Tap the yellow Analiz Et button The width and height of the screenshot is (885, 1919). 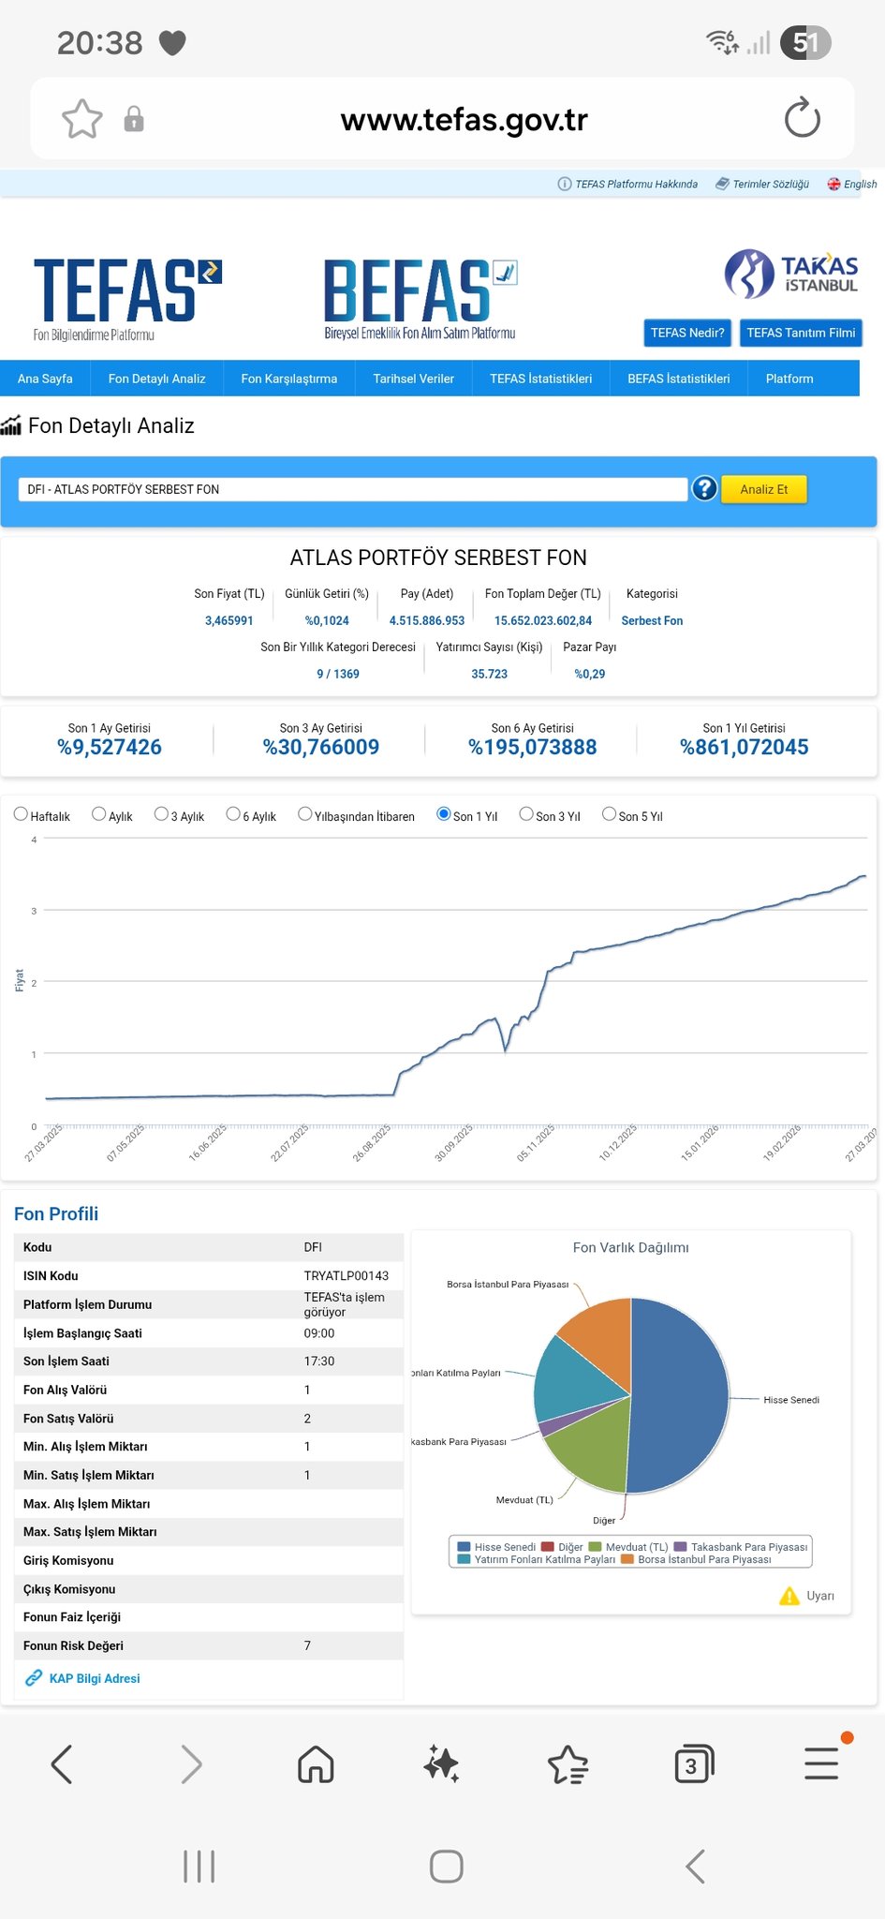[763, 489]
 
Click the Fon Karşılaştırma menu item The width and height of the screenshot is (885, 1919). [288, 379]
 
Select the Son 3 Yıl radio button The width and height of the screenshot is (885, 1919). [526, 814]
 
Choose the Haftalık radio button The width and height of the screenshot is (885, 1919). [21, 814]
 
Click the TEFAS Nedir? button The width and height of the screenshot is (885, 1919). [687, 333]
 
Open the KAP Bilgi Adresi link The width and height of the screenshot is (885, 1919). [94, 1678]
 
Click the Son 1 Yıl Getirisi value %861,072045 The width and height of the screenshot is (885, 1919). [744, 747]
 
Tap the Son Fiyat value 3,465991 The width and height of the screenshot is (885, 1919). [229, 620]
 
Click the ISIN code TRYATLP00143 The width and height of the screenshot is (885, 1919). [346, 1275]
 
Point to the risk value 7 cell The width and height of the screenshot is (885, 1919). [307, 1645]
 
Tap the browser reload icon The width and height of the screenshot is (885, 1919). [802, 119]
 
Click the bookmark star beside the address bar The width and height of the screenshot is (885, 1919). [81, 119]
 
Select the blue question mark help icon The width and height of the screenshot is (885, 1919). [704, 488]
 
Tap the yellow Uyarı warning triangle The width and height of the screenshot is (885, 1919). [789, 1596]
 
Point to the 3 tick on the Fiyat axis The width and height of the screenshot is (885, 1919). [34, 911]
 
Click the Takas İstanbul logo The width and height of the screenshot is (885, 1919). [791, 274]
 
